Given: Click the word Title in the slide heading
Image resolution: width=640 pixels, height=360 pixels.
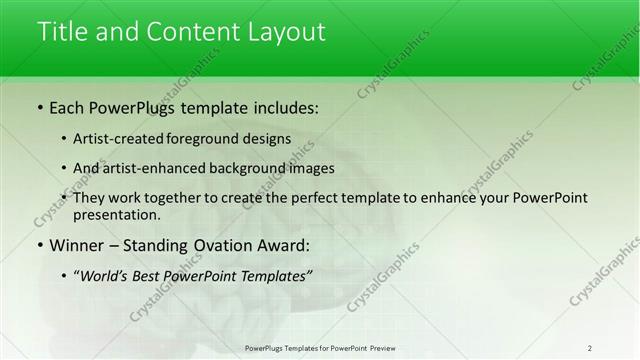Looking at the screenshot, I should click(62, 31).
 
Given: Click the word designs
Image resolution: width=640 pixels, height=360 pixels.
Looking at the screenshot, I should click(269, 140).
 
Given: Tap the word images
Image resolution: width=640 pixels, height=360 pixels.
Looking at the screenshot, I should click(310, 168).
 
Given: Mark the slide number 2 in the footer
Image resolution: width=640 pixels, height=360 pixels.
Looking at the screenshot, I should click(590, 348).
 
